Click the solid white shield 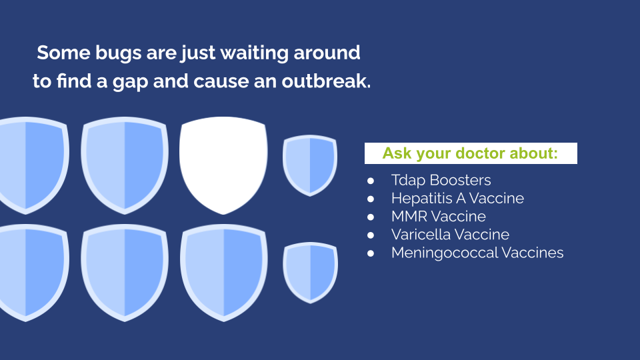223,165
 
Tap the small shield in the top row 310,165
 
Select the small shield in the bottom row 310,273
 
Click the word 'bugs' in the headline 119,53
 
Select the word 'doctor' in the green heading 479,153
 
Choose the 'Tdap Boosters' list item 441,180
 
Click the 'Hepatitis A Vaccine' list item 457,199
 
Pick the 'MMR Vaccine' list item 439,216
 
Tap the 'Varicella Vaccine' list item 450,235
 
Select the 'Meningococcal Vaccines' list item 477,253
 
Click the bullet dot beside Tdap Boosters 371,181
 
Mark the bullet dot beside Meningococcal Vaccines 371,253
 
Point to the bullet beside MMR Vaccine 371,217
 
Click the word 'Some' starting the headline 63,53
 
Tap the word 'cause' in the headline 221,81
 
